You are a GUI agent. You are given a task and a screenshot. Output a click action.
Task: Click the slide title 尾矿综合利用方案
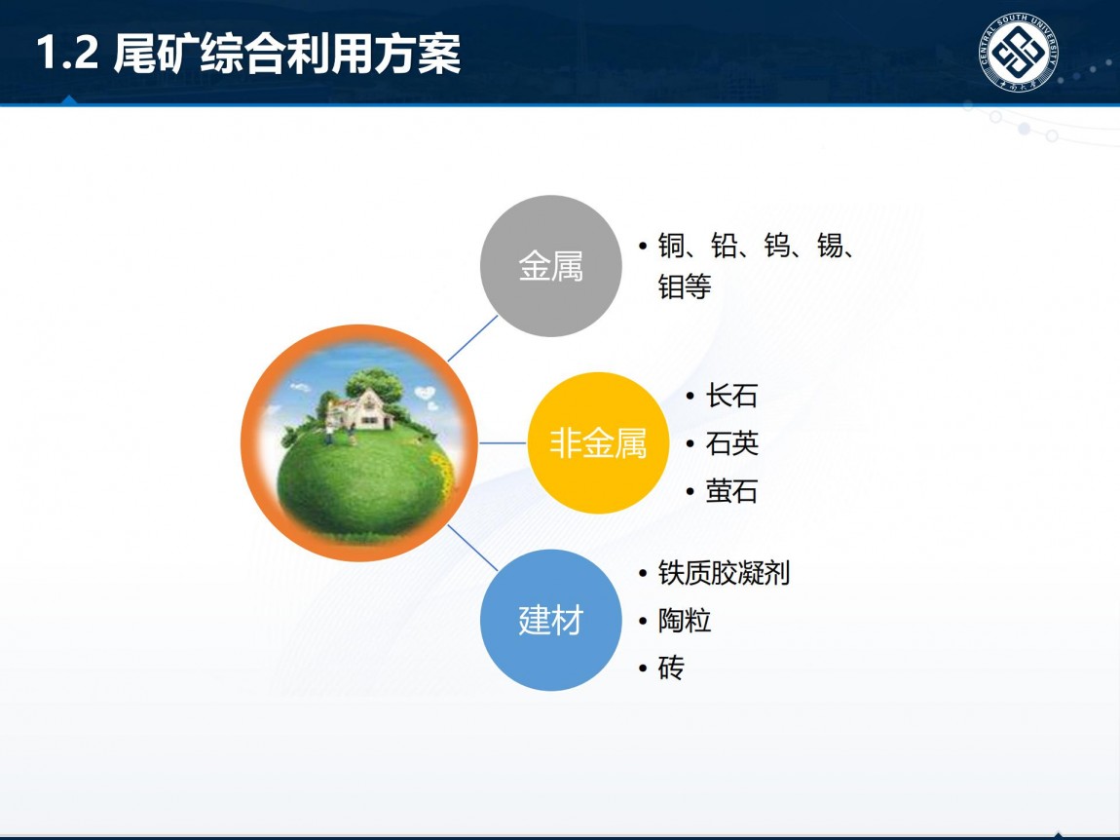coord(287,54)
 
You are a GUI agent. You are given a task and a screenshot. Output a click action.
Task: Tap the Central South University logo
coord(1018,53)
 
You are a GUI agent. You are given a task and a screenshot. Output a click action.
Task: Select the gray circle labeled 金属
coord(550,266)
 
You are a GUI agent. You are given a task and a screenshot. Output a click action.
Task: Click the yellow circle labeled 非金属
coord(598,443)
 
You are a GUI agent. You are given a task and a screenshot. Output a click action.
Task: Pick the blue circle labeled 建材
coord(550,620)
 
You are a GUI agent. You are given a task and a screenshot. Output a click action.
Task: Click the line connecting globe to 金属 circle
coord(472,338)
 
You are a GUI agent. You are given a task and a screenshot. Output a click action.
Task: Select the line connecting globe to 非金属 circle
coord(503,443)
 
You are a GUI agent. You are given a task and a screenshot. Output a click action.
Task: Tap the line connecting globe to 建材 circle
coord(472,548)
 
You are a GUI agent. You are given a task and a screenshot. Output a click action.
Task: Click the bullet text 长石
coord(731,396)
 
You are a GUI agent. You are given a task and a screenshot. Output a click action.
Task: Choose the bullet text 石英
coord(731,443)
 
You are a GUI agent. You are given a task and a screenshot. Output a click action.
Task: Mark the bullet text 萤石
coord(731,491)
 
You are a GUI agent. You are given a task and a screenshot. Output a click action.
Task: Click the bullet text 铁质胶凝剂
coord(724,573)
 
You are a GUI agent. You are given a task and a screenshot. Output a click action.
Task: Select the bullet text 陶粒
coord(685,621)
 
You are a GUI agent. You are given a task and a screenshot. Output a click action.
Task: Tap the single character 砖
coord(671,668)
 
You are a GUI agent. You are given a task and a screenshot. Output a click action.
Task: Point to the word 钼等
coord(685,287)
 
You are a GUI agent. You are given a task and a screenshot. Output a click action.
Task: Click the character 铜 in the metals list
coord(671,246)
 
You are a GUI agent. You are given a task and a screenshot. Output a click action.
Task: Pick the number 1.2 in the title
coord(68,54)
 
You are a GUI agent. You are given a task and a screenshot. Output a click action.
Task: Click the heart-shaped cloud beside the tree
coord(425,393)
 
